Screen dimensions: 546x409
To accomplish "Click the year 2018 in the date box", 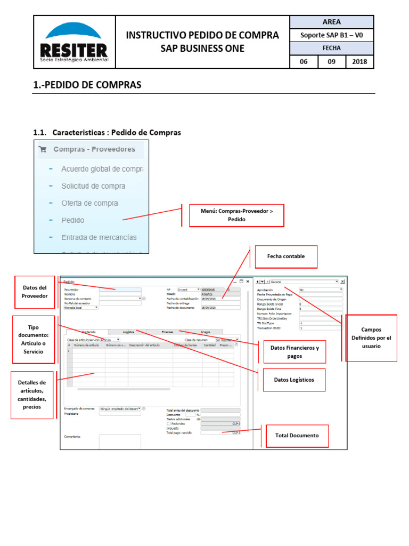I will [x=360, y=62].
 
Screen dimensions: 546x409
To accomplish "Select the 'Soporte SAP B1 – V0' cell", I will [x=331, y=36].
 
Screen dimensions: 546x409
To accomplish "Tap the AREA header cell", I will [x=331, y=22].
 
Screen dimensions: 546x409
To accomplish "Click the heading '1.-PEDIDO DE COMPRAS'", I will [x=87, y=85].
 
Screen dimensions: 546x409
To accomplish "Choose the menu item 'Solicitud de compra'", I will [x=93, y=186].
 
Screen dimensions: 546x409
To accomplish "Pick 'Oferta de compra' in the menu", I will [x=89, y=203].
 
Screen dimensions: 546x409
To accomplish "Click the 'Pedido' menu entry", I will [x=72, y=220].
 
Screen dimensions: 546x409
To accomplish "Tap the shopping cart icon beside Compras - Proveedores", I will [x=43, y=150].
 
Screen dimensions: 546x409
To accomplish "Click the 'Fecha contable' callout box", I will [x=286, y=256].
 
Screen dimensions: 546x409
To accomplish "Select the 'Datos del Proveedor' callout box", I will [x=35, y=292].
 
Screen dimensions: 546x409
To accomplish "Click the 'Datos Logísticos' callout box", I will [x=294, y=380].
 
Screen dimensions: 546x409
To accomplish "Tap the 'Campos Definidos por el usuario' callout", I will [x=371, y=338].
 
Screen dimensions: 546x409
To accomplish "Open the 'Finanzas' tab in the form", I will [x=167, y=332].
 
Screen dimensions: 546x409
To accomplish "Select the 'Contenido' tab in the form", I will [x=88, y=332].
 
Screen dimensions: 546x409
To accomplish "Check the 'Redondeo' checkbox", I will [x=169, y=424].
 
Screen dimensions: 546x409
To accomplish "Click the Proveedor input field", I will [x=120, y=290].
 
